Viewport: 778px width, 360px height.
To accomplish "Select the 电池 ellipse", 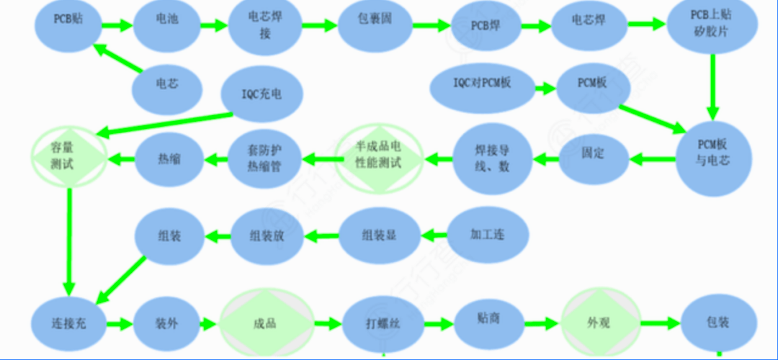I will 166,22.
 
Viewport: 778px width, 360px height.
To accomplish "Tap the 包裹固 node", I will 369,22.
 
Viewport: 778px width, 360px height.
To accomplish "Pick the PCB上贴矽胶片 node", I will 712,25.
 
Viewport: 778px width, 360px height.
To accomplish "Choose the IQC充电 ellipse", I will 262,94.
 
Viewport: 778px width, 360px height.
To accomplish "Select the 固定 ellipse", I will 593,153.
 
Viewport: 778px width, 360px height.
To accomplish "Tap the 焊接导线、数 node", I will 493,157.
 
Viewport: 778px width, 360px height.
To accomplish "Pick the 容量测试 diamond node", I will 69,156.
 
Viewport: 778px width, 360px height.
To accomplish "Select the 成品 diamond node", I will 265,323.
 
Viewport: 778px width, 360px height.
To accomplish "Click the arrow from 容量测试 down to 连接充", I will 70,238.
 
